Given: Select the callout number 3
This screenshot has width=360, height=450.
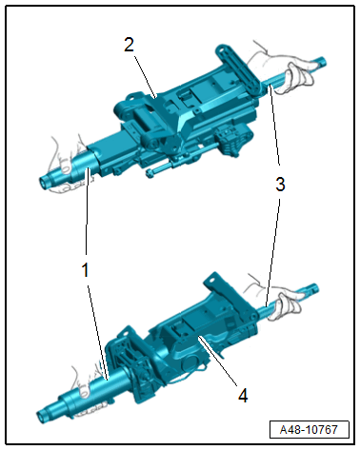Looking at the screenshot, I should click(279, 186).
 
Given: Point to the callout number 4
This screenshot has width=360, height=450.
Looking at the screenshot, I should click(244, 395).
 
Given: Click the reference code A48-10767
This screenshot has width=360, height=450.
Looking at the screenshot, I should click(310, 429).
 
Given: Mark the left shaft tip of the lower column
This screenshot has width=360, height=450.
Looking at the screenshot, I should click(44, 414).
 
